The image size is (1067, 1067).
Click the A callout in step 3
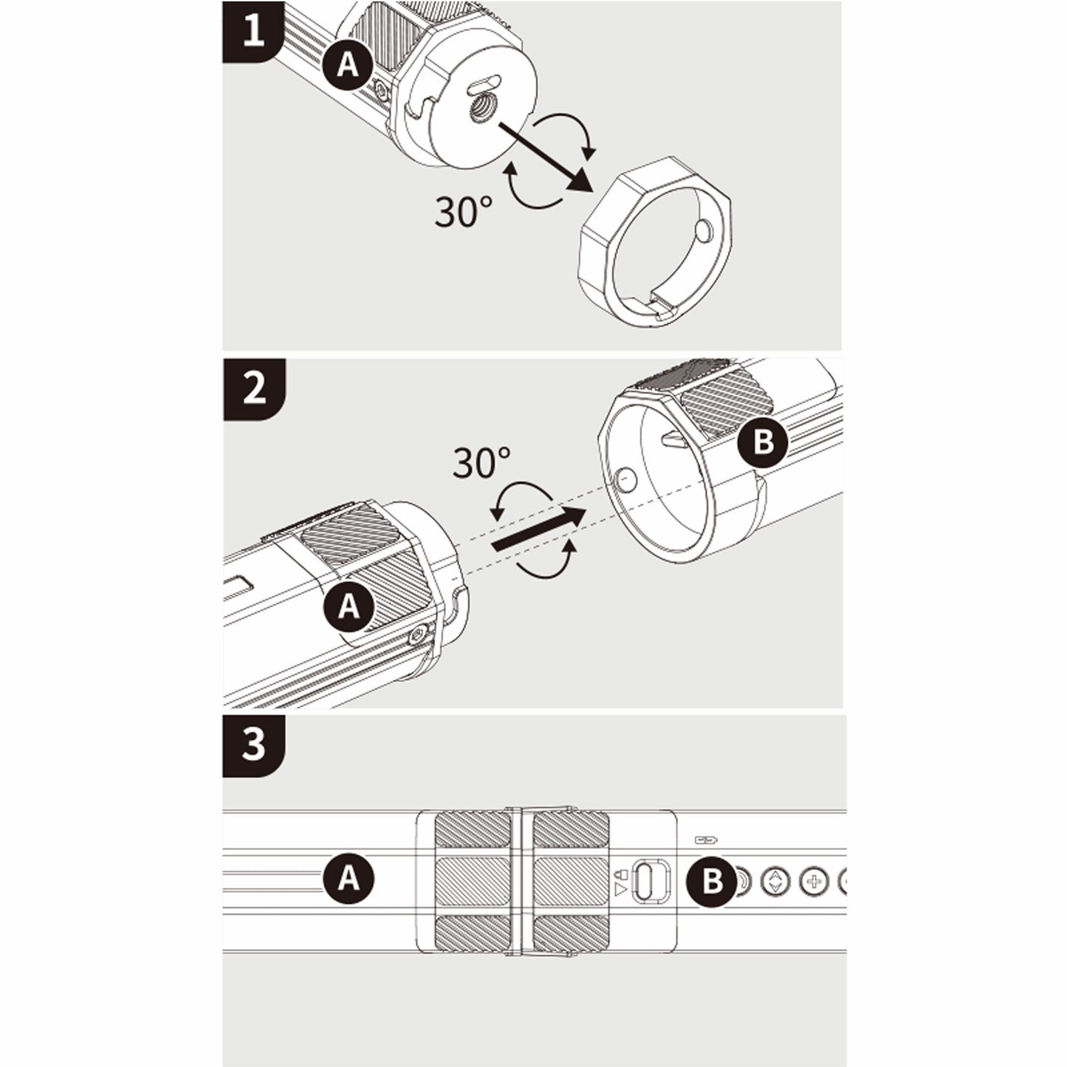click(x=349, y=879)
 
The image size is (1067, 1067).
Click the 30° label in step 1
click(x=463, y=213)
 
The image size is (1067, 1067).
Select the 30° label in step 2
click(x=481, y=464)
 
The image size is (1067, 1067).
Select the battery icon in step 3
click(x=706, y=840)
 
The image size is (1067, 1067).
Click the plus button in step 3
click(x=813, y=881)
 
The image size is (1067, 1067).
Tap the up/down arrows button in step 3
click(x=775, y=881)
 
